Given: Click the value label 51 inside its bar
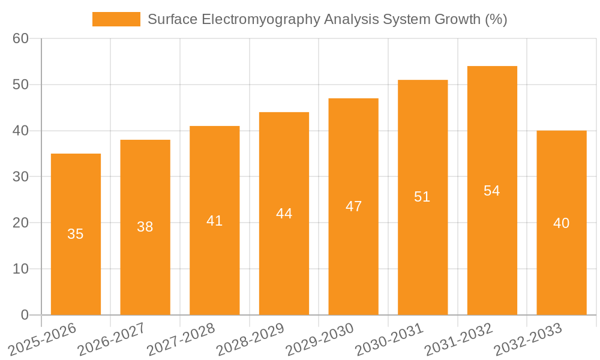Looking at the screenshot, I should click(422, 197).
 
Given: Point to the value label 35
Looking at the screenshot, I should click(76, 234).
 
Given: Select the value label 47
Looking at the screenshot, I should click(353, 206).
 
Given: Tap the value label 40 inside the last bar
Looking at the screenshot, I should click(562, 223).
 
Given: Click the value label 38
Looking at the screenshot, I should click(145, 227).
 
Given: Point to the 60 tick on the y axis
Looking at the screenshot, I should click(20, 38).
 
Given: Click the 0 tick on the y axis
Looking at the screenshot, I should click(25, 315).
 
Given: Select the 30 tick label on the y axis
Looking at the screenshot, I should click(20, 176).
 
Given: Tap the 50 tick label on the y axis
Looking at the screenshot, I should click(20, 85).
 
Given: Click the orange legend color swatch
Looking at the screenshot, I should click(116, 19).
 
